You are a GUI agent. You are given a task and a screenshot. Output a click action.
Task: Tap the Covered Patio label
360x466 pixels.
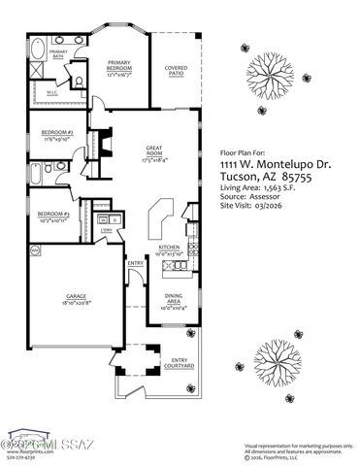click(x=175, y=71)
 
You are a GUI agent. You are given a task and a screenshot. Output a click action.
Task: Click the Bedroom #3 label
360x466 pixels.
click(x=53, y=215)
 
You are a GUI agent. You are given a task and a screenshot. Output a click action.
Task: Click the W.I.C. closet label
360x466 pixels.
click(x=53, y=93)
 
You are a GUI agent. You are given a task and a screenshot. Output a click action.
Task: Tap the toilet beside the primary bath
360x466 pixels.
click(x=82, y=83)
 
